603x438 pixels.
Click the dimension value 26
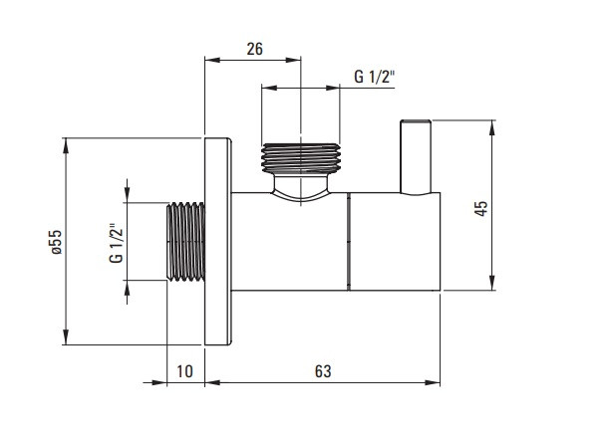pos(254,49)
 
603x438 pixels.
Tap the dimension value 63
pos(323,371)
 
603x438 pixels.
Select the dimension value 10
pos(184,371)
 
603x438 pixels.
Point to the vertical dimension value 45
pos(481,208)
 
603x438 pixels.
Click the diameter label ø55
pos(56,242)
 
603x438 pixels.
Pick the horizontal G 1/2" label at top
pos(375,77)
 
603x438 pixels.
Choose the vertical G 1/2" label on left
pos(117,243)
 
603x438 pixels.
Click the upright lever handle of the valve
pos(416,157)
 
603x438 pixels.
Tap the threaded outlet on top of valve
pos(301,158)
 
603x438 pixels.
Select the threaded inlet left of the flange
pos(185,241)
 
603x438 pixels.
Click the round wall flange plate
pos(218,241)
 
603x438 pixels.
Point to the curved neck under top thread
pos(301,187)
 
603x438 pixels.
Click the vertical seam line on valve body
pos(349,241)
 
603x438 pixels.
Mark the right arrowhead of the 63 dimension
pos(433,382)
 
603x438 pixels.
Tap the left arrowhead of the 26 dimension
pos(212,60)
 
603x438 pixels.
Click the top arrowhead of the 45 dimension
pos(492,127)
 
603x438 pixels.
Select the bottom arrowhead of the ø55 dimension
pos(66,336)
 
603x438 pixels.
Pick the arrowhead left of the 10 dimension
pos(159,382)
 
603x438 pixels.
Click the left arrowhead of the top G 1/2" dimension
pos(269,88)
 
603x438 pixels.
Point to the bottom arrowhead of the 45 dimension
pos(492,283)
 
